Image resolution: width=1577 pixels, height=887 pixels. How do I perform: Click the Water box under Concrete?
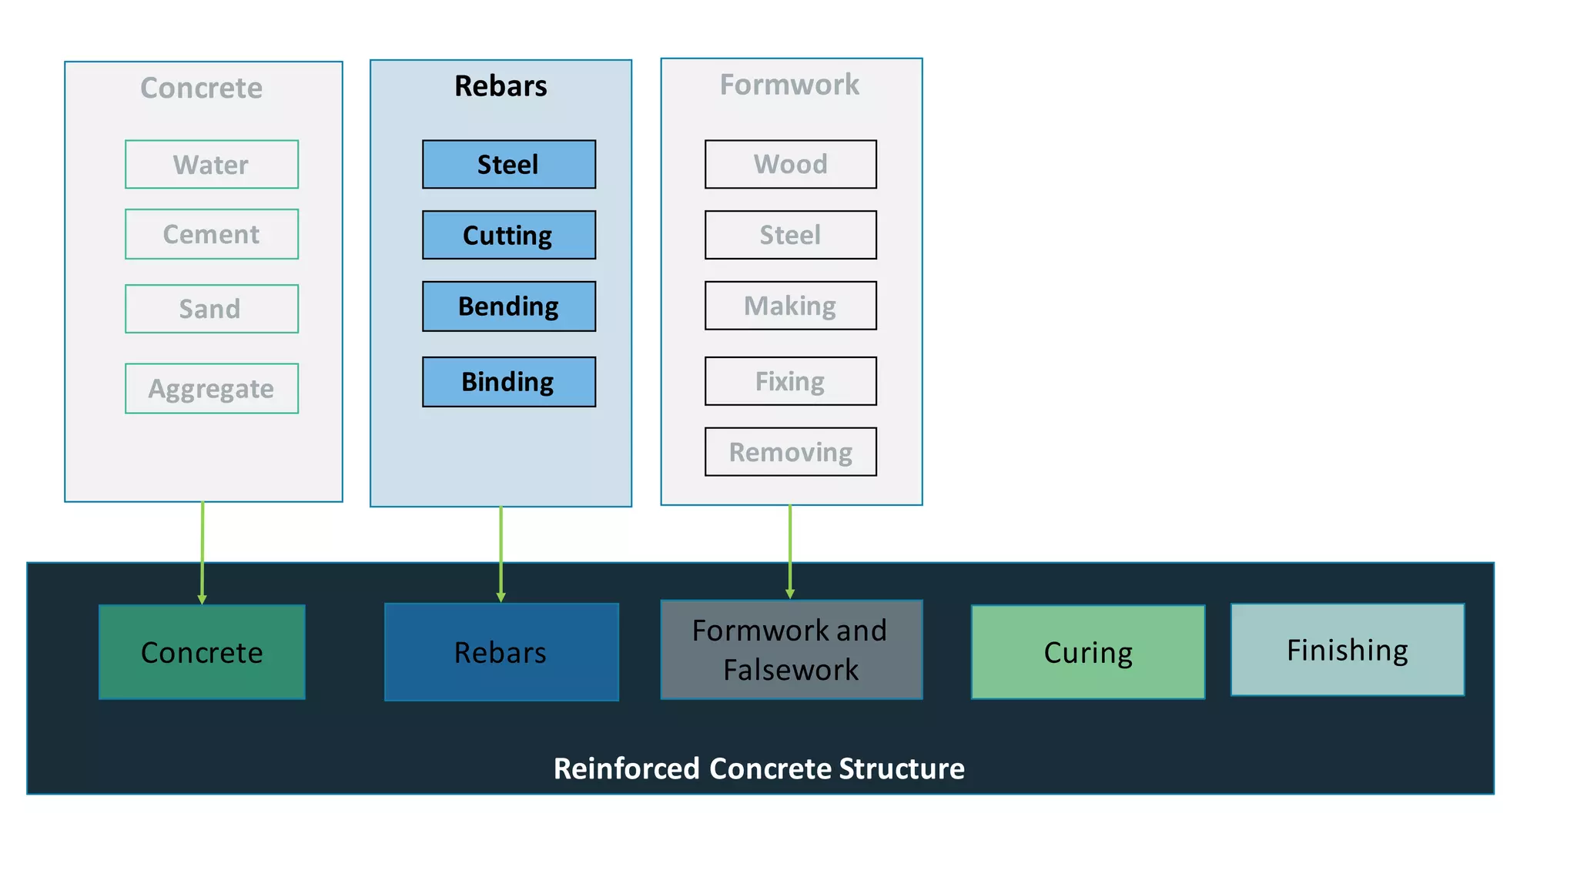point(212,164)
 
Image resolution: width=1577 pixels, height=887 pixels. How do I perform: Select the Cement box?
point(212,234)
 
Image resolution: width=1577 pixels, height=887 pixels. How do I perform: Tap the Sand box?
point(212,309)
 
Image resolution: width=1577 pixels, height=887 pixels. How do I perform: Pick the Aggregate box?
point(212,388)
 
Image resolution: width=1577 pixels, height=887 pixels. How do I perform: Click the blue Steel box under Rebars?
point(508,164)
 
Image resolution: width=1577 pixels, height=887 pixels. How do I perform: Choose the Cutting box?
point(508,235)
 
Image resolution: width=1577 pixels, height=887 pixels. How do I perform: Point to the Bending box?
point(508,306)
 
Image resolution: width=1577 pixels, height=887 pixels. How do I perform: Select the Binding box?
point(508,381)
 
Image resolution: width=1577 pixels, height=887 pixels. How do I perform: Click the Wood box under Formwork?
point(790,164)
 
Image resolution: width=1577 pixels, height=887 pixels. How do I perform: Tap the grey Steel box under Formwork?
point(790,235)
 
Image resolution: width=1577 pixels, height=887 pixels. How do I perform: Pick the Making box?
point(790,306)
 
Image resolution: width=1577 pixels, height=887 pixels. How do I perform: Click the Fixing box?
point(790,381)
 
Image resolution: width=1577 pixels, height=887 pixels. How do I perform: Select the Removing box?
point(790,452)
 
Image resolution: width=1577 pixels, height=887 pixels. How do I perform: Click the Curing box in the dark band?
point(1087,652)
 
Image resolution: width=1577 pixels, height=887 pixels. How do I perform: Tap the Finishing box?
point(1347,650)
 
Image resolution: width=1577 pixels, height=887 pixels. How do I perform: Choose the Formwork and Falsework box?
point(791,650)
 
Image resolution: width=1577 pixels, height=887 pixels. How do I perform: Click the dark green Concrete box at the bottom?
point(202,652)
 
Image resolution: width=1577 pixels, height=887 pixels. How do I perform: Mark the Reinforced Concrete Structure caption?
point(758,768)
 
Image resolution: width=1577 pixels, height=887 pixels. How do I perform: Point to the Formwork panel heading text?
point(789,85)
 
